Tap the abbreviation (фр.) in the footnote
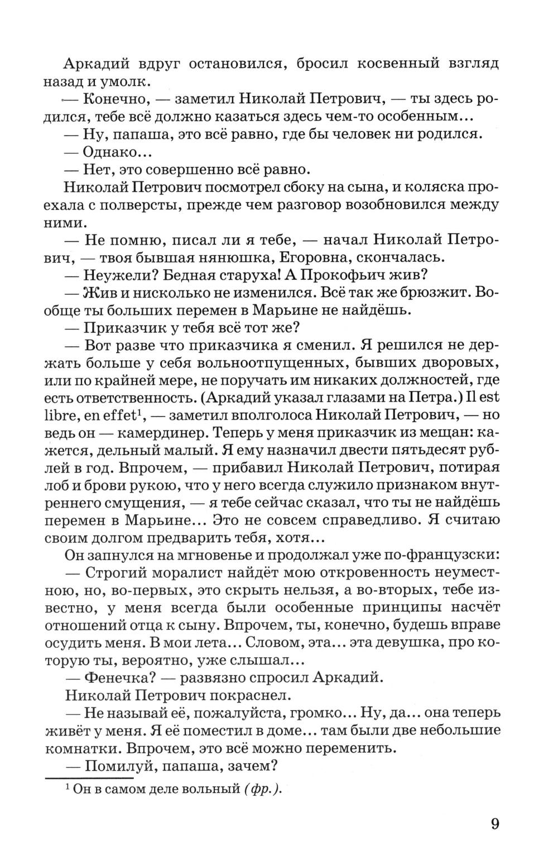(261, 788)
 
